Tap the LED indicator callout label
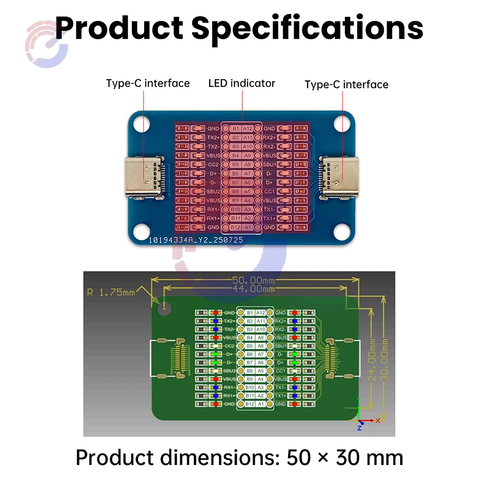[x=242, y=83]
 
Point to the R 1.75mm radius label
[x=111, y=292]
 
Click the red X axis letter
[x=378, y=420]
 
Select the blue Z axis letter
[x=359, y=428]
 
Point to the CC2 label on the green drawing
[x=229, y=345]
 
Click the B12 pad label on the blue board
[x=236, y=227]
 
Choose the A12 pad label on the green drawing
[x=261, y=312]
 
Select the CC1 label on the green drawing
[x=281, y=371]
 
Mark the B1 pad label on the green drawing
[x=250, y=312]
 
